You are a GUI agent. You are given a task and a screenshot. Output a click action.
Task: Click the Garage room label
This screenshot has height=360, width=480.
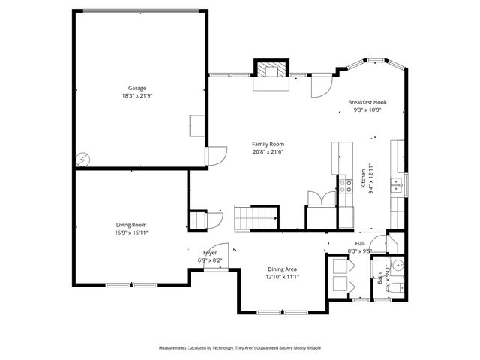pos(136,87)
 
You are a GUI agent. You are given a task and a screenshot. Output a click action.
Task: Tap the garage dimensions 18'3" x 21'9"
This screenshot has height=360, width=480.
pos(136,95)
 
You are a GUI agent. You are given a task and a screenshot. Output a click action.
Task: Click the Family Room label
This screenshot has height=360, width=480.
pos(268,144)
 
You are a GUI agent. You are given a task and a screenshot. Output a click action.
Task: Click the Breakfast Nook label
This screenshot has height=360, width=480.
pos(367,101)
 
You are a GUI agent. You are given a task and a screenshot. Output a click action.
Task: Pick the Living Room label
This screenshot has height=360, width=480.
pos(130,225)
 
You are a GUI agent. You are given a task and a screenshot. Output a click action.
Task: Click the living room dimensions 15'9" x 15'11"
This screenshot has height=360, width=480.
pos(130,233)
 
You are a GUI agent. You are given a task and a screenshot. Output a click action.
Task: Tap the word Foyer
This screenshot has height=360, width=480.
pos(210,253)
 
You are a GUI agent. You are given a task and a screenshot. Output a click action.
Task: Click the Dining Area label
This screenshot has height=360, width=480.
pos(283,268)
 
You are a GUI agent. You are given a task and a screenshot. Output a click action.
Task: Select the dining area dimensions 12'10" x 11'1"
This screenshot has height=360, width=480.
pos(283,277)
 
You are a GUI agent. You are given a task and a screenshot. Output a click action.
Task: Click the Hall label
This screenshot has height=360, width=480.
pos(360,244)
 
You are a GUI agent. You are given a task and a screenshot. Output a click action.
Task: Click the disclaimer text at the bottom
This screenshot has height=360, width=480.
pos(239,348)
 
